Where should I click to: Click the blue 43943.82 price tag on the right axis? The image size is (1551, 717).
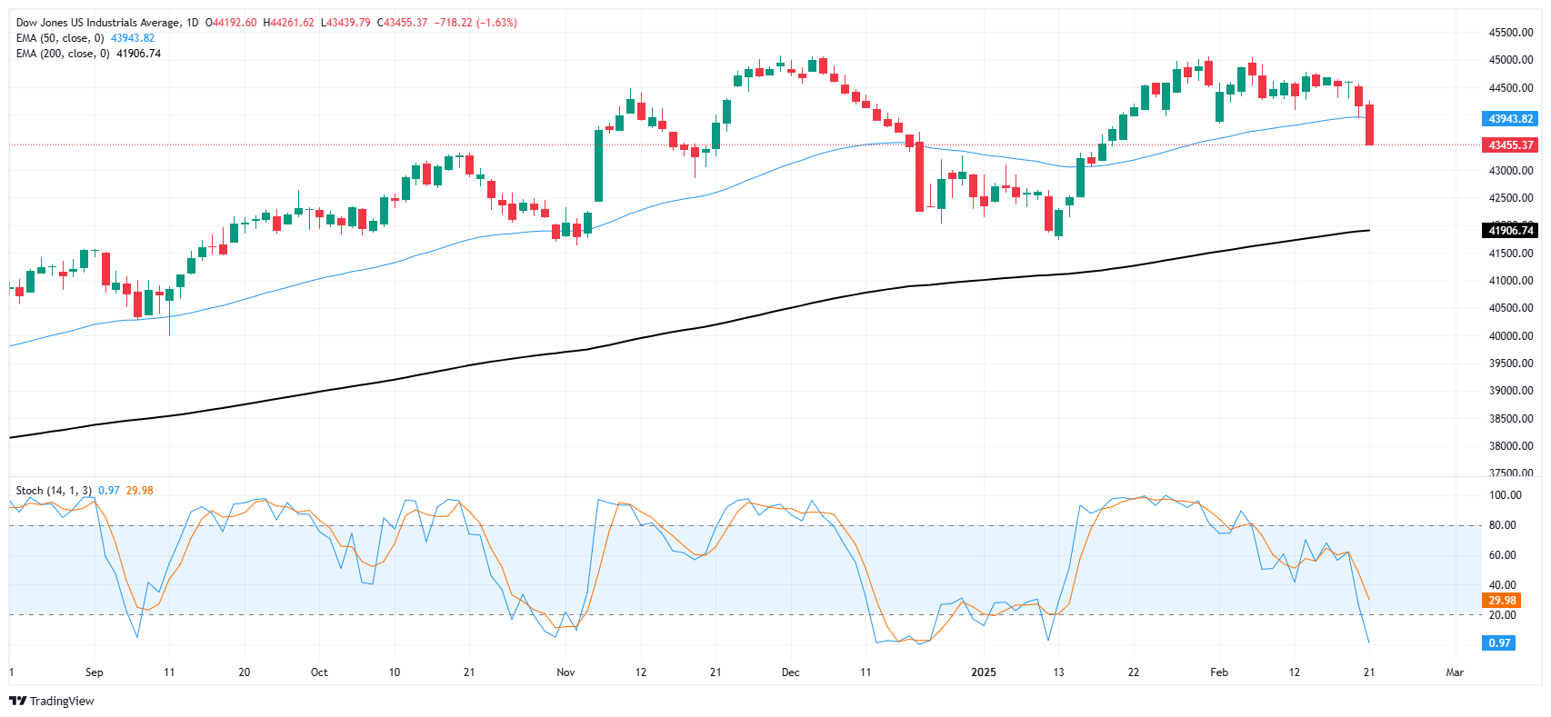(1510, 119)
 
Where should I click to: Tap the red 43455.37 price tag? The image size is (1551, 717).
(1510, 145)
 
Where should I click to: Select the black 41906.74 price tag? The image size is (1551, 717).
(1510, 231)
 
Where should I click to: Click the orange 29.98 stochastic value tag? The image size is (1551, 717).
(1502, 601)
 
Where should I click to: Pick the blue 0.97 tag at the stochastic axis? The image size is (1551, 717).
(1499, 643)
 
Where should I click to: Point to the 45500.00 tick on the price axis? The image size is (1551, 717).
(1510, 33)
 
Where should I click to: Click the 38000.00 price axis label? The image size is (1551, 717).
(1510, 446)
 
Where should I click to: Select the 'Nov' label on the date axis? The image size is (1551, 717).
(565, 672)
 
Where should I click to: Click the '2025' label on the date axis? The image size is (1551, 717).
(984, 672)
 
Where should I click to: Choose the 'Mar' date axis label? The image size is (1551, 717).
(1455, 672)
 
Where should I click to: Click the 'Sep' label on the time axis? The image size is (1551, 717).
(95, 672)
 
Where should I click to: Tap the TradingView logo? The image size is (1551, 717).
(52, 701)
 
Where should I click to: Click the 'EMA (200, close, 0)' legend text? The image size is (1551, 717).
(63, 54)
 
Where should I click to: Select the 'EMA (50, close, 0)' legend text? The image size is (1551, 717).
(60, 38)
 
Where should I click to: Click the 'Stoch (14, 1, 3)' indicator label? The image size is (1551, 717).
(54, 491)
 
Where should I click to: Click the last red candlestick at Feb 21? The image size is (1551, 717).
(1369, 124)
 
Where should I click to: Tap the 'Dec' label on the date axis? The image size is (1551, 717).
(790, 672)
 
